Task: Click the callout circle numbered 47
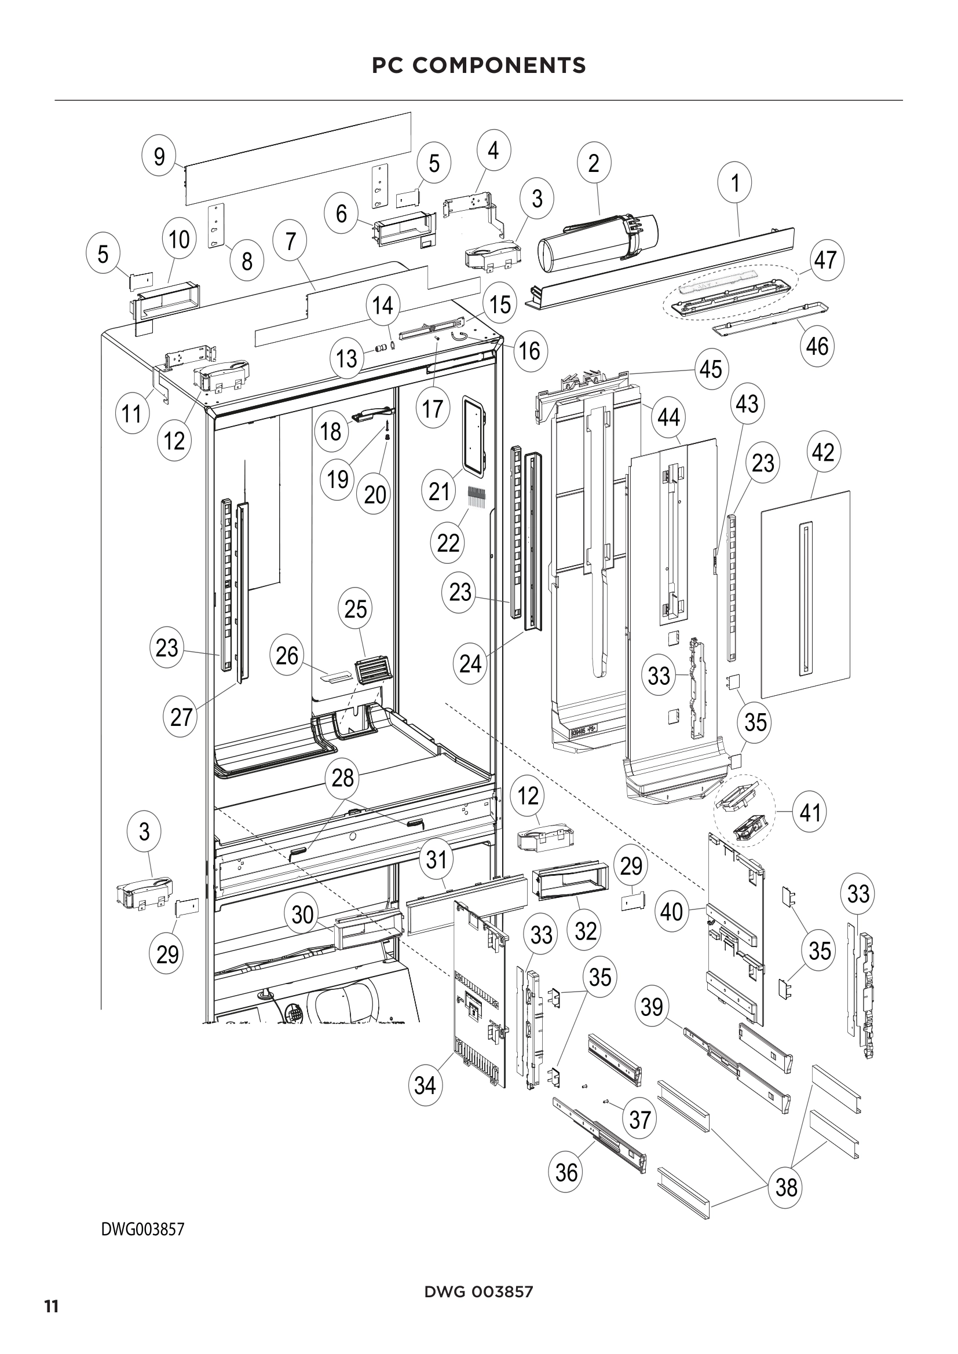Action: pyautogui.click(x=825, y=259)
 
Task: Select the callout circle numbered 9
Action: pyautogui.click(x=159, y=157)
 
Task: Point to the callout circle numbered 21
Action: pyautogui.click(x=439, y=491)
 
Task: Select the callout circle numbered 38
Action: pyautogui.click(x=787, y=1187)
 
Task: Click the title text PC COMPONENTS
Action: pyautogui.click(x=478, y=65)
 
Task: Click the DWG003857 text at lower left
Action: pyautogui.click(x=143, y=1229)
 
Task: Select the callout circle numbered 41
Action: pyautogui.click(x=810, y=813)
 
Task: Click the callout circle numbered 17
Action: pyautogui.click(x=433, y=408)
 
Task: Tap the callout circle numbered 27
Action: pyautogui.click(x=181, y=717)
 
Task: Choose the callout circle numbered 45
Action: pyautogui.click(x=711, y=369)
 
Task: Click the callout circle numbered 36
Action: pyautogui.click(x=566, y=1172)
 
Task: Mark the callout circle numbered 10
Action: pyautogui.click(x=179, y=240)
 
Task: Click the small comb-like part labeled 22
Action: pyautogui.click(x=476, y=498)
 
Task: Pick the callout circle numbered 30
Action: pyautogui.click(x=302, y=915)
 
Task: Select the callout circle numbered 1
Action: pyautogui.click(x=735, y=183)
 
